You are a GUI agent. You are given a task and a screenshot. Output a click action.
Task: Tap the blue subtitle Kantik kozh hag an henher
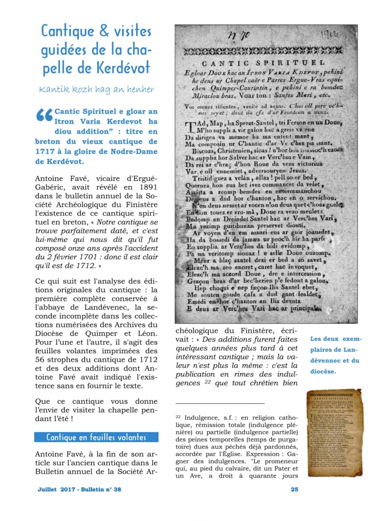tap(97, 89)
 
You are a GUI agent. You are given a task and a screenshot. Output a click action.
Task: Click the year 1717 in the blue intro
tap(47, 152)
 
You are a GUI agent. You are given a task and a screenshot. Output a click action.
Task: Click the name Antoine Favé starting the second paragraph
tap(59, 179)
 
